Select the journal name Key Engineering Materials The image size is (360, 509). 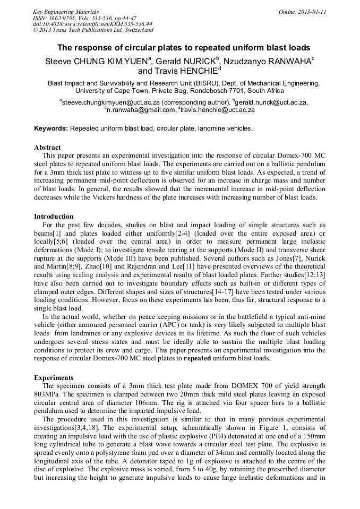coord(66,12)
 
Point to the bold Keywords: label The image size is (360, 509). coord(51,128)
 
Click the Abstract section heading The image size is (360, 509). coord(47,147)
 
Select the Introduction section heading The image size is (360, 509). coord(54,217)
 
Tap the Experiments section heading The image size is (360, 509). coord(54,377)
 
